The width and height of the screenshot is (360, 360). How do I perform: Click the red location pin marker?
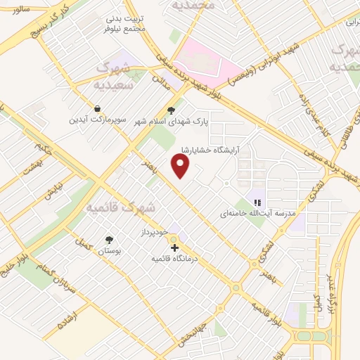[x=181, y=166]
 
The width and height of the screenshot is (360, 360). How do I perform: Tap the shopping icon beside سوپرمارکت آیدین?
[x=96, y=110]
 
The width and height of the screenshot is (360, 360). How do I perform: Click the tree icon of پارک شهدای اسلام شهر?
[x=171, y=110]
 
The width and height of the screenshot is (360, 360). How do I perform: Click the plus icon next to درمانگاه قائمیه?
[x=174, y=247]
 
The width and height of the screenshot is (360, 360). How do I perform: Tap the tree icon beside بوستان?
[x=108, y=240]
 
